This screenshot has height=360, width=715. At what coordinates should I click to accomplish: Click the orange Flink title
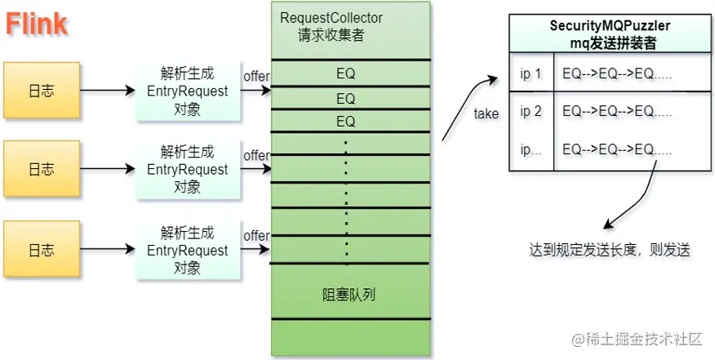pyautogui.click(x=37, y=25)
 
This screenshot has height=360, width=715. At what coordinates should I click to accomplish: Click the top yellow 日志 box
pyautogui.click(x=41, y=91)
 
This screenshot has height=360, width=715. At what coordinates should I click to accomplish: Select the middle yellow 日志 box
pyautogui.click(x=41, y=170)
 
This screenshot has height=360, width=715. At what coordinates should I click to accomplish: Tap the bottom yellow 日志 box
pyautogui.click(x=41, y=248)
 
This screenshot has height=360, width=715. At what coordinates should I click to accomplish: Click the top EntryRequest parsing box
pyautogui.click(x=187, y=91)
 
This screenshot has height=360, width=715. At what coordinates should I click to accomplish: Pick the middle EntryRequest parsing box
pyautogui.click(x=187, y=170)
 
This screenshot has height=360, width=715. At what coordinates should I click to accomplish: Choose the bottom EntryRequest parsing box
pyautogui.click(x=187, y=249)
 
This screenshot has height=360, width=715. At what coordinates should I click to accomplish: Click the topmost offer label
pyautogui.click(x=256, y=77)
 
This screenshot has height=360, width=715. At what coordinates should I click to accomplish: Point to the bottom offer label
pyautogui.click(x=256, y=236)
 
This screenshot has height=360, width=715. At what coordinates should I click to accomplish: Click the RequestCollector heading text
pyautogui.click(x=331, y=18)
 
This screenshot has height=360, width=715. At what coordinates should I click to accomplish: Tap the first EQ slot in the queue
pyautogui.click(x=346, y=74)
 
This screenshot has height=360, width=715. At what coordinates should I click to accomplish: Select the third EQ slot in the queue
pyautogui.click(x=346, y=122)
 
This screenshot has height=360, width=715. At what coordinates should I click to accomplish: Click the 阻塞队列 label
pyautogui.click(x=349, y=294)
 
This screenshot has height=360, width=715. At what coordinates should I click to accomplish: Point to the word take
pyautogui.click(x=486, y=114)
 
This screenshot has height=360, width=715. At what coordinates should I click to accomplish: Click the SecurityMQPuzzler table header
pyautogui.click(x=609, y=34)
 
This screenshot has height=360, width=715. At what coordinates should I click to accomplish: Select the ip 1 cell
pyautogui.click(x=531, y=74)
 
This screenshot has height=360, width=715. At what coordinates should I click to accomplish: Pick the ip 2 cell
pyautogui.click(x=531, y=111)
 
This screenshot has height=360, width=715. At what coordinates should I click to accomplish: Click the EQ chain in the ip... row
pyautogui.click(x=617, y=149)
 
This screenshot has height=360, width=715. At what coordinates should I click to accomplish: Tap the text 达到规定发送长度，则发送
pyautogui.click(x=609, y=250)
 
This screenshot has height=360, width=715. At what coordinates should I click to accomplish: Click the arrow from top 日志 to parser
pyautogui.click(x=107, y=91)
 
